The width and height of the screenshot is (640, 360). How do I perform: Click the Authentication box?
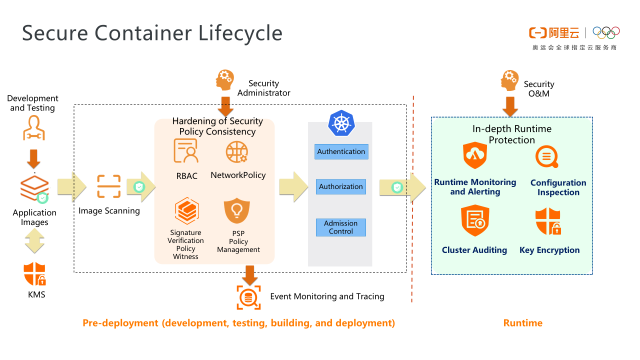341,151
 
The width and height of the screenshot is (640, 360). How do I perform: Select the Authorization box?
341,186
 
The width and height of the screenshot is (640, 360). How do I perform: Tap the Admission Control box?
341,227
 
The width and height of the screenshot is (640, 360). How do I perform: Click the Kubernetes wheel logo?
341,123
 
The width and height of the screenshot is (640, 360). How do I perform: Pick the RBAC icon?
185,151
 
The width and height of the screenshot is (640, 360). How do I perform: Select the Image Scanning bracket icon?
108,186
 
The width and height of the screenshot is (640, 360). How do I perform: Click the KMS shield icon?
35,274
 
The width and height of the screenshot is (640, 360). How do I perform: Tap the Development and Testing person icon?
33,128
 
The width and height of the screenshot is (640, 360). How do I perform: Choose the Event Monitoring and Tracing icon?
248,298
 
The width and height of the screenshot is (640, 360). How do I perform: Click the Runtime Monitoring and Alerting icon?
474,155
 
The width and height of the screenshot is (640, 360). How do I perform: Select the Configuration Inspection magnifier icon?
546,156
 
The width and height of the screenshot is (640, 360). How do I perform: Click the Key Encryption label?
549,250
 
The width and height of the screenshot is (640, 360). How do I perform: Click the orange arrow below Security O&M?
510,105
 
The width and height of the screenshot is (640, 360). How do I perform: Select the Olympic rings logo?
606,32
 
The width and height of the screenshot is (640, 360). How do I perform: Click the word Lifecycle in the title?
240,33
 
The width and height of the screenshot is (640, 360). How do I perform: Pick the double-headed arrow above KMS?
34,240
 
